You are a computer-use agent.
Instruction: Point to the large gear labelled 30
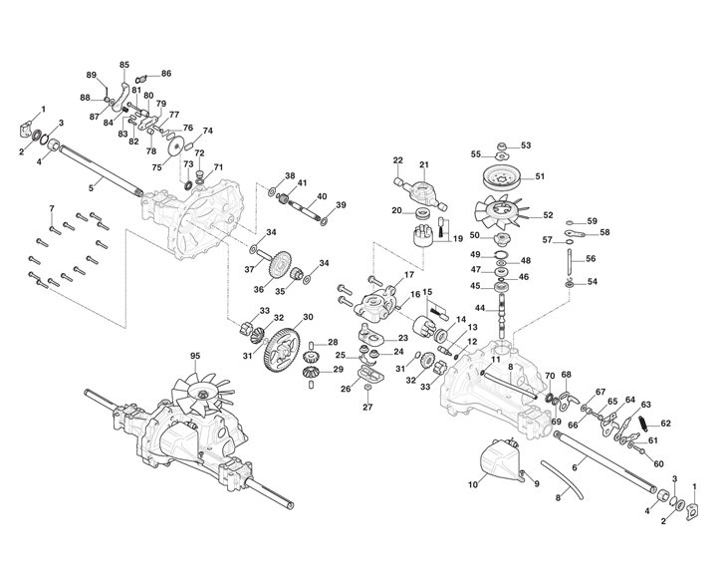[x=284, y=349]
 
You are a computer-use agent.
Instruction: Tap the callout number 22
[x=397, y=159]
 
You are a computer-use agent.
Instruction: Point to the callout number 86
[x=166, y=74]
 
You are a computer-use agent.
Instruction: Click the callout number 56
[x=591, y=258]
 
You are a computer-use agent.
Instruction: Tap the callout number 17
[x=407, y=275]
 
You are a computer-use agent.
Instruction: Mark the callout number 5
[x=91, y=186]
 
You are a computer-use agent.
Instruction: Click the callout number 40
[x=322, y=196]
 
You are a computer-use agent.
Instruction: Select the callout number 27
[x=366, y=407]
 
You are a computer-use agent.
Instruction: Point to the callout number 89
[x=91, y=75]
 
